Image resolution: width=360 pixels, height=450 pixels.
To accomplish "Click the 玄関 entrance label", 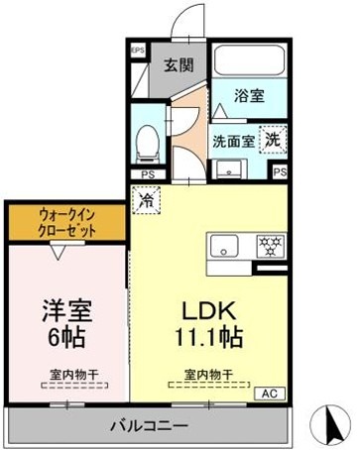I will click(x=180, y=66).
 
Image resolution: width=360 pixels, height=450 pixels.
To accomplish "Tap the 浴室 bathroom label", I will click(x=249, y=95).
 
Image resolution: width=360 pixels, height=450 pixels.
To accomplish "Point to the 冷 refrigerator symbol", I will click(x=147, y=198).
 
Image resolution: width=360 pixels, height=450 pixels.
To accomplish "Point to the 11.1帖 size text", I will click(x=209, y=334).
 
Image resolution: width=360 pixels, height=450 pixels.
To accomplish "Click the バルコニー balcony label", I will click(x=148, y=425).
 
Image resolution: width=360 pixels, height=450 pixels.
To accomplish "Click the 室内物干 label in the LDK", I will click(x=208, y=374).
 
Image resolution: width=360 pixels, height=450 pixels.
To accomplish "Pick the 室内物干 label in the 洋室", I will click(x=67, y=374).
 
